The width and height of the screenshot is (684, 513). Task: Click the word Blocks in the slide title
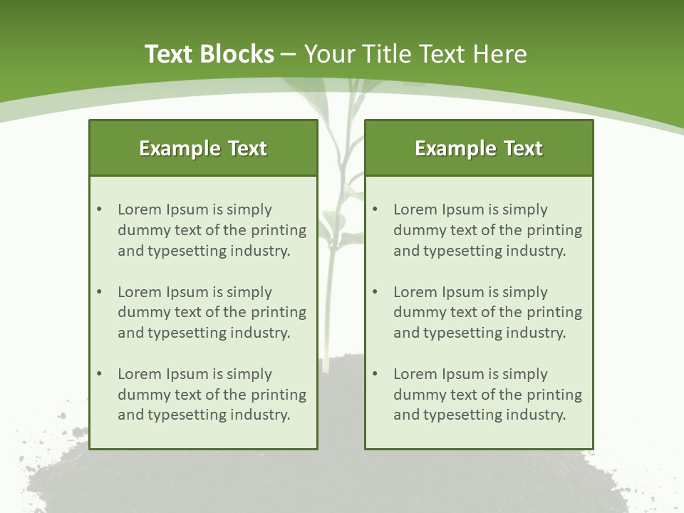point(238,54)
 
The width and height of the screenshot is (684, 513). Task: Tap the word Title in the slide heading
point(384,54)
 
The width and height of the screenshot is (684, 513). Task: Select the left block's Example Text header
point(203,148)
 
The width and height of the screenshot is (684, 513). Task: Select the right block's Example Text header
point(479,148)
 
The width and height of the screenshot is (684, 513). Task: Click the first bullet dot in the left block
point(99,209)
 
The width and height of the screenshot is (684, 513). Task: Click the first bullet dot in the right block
point(375,209)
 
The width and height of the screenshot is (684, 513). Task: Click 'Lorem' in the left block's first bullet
point(140,209)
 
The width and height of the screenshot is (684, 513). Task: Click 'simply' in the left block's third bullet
point(249,374)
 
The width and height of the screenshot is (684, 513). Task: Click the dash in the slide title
point(289,54)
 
